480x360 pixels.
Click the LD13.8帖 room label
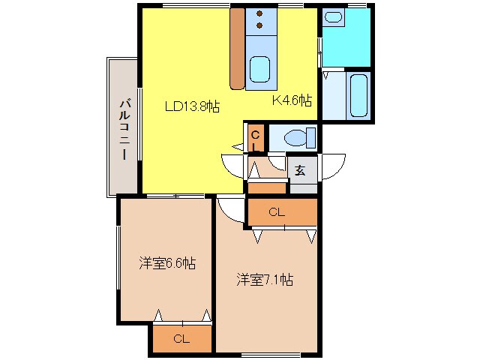point(192,106)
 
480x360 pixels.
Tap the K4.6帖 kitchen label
point(292,100)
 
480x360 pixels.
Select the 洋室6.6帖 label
point(166,263)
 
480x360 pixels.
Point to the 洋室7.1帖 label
point(265,280)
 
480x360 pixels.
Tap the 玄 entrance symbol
point(300,169)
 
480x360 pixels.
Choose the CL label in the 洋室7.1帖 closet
point(277,213)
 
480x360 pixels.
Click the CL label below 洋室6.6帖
point(181,339)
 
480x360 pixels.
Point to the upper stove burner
point(259,13)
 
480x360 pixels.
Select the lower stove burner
point(259,25)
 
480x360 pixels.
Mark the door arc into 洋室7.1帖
point(231,211)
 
